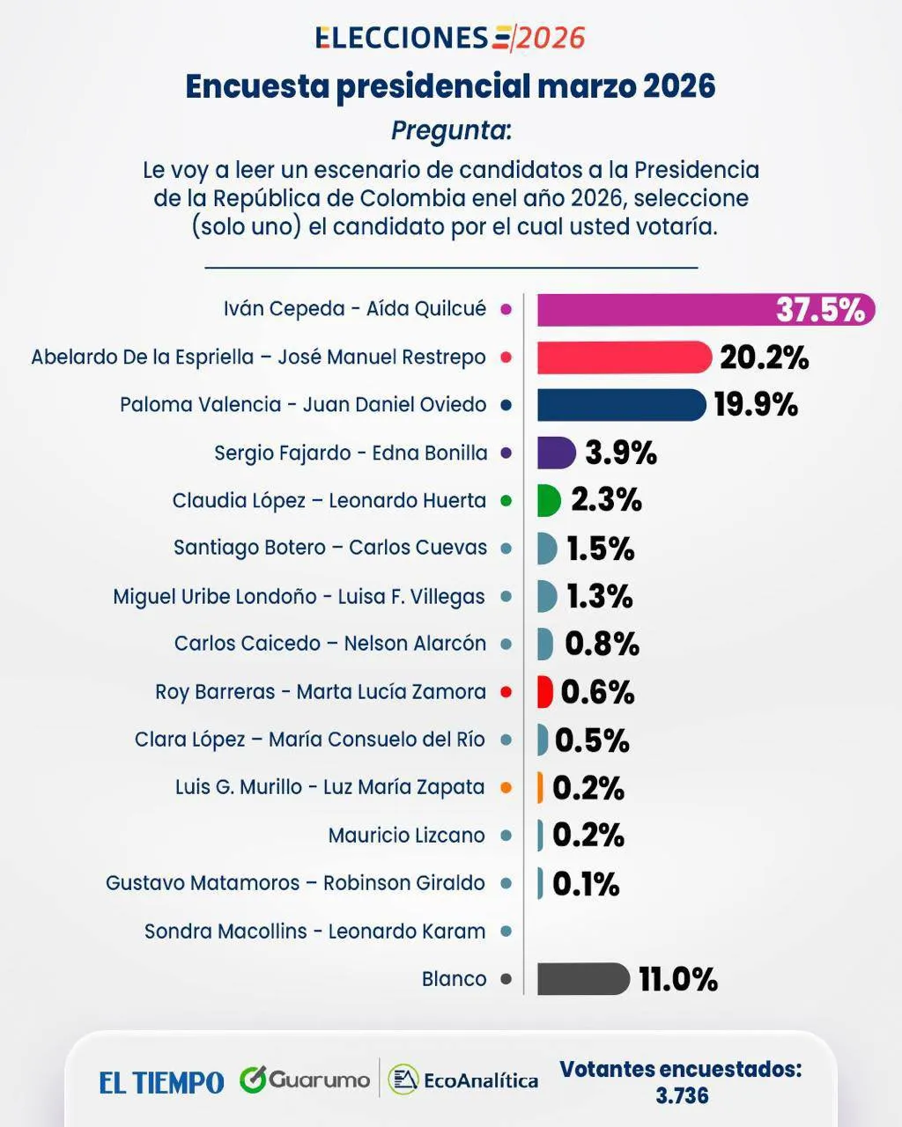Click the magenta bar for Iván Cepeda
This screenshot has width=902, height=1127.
tap(652, 309)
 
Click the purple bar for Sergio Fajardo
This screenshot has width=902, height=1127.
tap(556, 453)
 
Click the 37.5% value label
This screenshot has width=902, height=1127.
tap(820, 309)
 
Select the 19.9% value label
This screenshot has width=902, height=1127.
tap(756, 405)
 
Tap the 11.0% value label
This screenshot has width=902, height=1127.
tap(678, 979)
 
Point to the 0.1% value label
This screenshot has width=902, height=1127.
tap(586, 883)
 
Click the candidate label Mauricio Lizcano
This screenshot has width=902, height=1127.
tap(406, 835)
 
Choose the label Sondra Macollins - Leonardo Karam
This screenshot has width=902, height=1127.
tap(314, 931)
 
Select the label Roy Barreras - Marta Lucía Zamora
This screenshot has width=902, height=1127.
tap(321, 692)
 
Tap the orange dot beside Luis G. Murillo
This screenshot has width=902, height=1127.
tap(506, 787)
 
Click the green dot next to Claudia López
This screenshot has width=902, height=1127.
tap(506, 500)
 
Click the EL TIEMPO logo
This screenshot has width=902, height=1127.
tap(161, 1082)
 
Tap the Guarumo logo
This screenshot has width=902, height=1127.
tap(305, 1079)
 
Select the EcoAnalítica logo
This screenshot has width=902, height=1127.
tap(463, 1079)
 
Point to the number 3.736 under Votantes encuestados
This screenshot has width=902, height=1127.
tap(682, 1095)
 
